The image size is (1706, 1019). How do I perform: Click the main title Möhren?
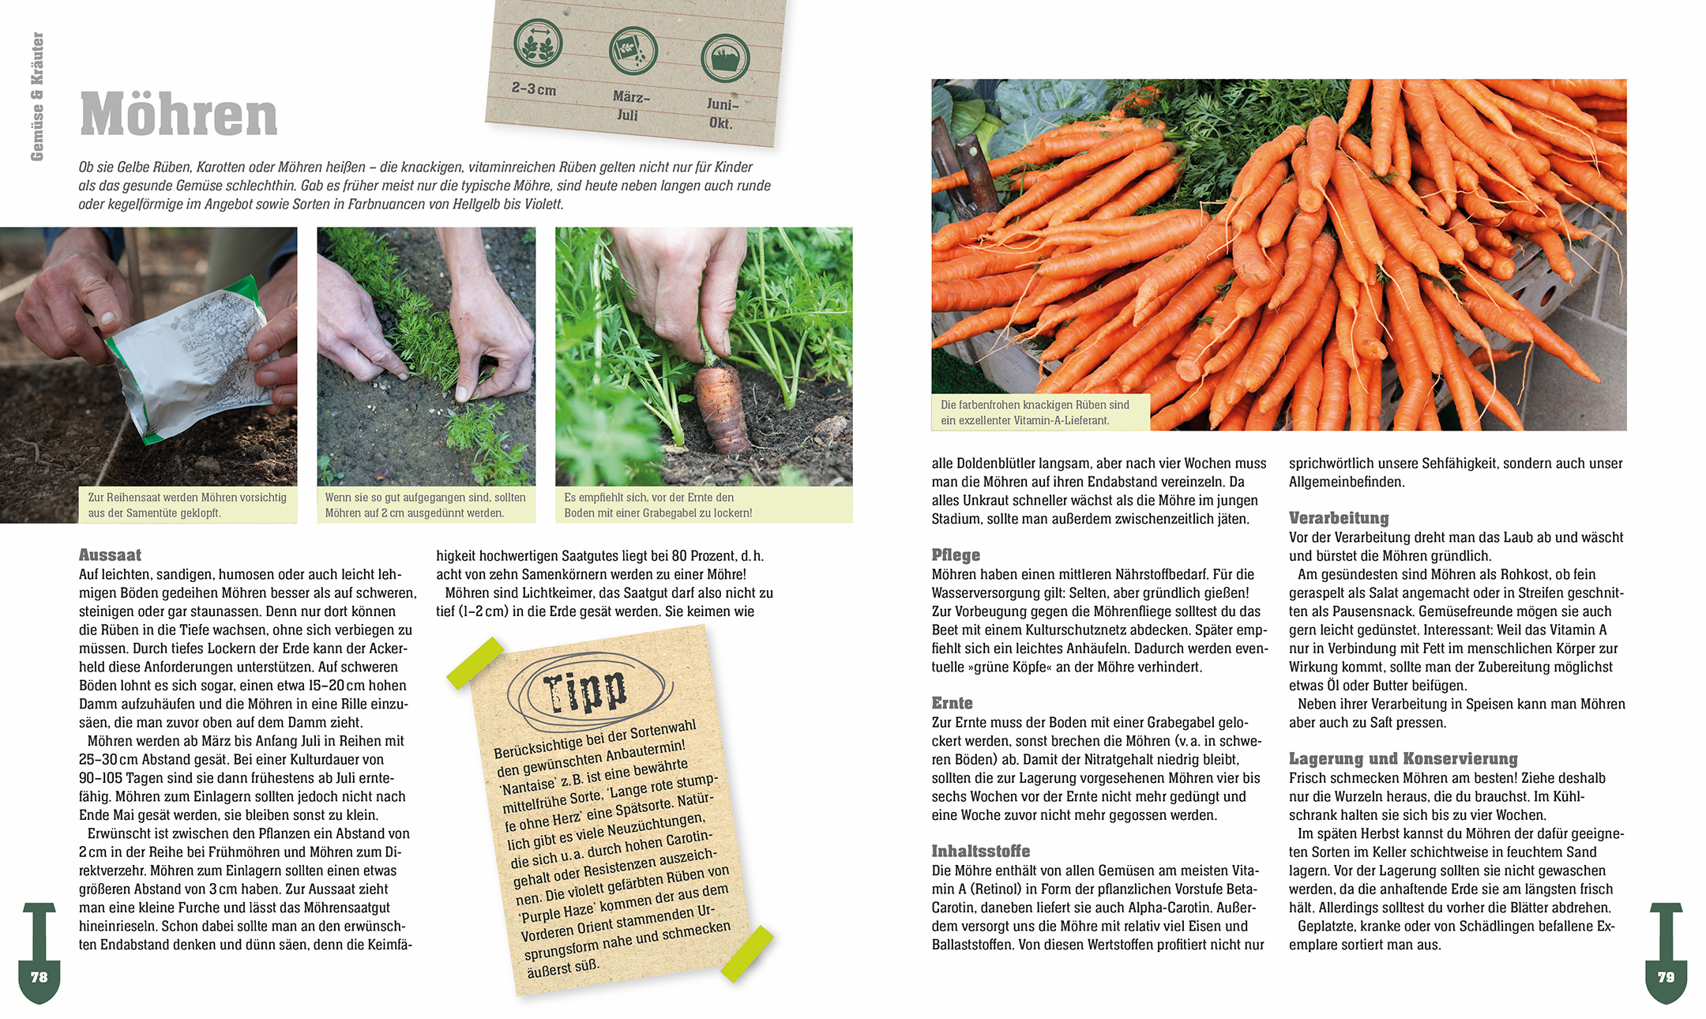click(178, 115)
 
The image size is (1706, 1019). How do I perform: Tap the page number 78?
click(39, 977)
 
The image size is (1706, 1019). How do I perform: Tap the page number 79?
click(1666, 977)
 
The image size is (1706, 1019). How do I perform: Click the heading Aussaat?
click(110, 555)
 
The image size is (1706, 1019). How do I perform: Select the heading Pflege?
click(956, 555)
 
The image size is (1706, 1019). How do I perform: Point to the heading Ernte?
click(952, 703)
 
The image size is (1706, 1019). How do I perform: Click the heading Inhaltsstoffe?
click(981, 851)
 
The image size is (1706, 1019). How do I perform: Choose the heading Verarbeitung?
click(1339, 518)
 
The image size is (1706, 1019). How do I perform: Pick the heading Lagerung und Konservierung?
click(1404, 759)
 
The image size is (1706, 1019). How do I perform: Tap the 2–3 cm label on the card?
click(534, 88)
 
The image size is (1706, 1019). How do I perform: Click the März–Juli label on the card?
click(630, 106)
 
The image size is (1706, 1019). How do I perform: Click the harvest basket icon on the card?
click(725, 58)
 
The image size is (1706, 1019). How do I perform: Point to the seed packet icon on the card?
click(633, 51)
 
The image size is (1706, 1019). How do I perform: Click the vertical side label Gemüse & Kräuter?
click(37, 96)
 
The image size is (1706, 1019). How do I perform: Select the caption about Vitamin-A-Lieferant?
click(1035, 412)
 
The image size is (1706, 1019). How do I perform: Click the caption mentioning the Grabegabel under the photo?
click(658, 506)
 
